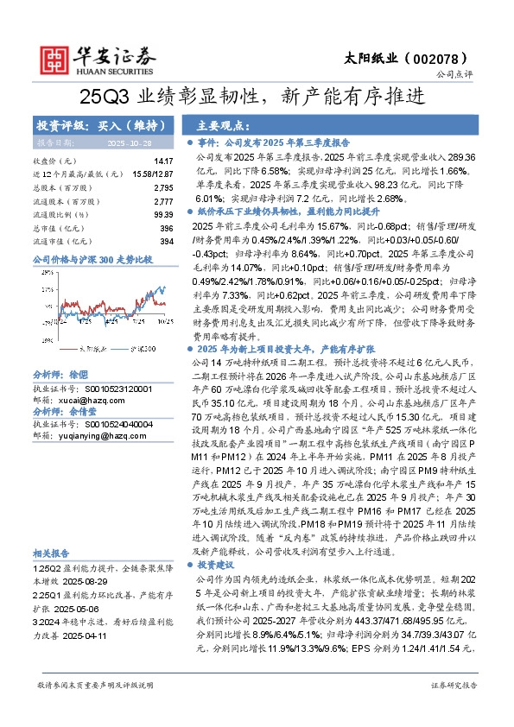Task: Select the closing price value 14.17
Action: (x=163, y=161)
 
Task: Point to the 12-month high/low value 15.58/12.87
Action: (x=155, y=174)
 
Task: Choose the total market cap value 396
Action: (x=167, y=227)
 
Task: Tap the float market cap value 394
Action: (x=167, y=240)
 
